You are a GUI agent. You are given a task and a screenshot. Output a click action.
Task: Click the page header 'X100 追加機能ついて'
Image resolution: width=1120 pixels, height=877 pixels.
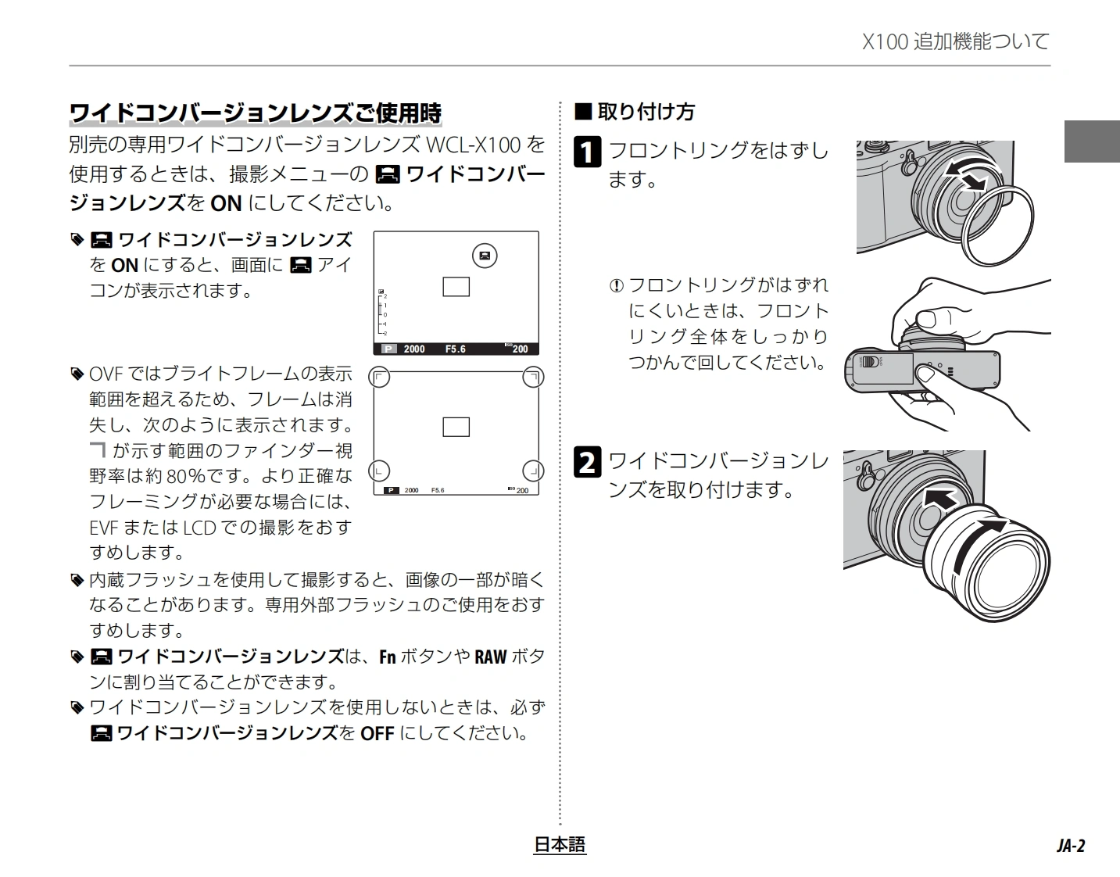click(955, 41)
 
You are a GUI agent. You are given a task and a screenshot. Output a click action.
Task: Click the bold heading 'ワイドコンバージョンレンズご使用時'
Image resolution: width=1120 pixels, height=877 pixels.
click(256, 113)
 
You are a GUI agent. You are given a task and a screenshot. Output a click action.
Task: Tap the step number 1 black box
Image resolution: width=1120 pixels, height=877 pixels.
click(588, 152)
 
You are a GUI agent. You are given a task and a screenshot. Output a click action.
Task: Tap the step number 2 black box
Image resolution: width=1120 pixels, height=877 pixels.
click(588, 462)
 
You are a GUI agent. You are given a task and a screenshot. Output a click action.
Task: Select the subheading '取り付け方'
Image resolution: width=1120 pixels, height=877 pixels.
click(646, 112)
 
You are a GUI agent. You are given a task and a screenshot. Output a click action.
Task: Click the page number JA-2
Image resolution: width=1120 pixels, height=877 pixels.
click(1070, 846)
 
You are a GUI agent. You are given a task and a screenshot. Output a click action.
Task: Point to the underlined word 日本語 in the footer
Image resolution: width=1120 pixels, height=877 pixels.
click(560, 844)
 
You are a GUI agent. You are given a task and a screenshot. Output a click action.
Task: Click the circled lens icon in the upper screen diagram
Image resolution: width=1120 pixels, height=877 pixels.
click(485, 255)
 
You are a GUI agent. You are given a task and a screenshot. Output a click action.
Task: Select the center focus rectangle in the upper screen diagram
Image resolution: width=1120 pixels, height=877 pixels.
click(456, 287)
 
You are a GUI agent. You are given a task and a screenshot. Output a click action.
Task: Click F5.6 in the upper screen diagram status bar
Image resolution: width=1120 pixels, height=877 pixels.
click(455, 349)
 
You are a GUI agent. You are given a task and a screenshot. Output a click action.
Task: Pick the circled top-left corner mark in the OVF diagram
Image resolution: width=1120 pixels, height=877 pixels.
click(379, 378)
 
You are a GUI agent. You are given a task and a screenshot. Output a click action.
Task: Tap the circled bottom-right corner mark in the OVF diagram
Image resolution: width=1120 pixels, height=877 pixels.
click(533, 471)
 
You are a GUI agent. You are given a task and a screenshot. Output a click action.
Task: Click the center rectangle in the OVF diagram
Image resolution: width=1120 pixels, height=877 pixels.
click(456, 427)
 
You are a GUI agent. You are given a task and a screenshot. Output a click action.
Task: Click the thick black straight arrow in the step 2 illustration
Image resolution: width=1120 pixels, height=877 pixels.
click(940, 498)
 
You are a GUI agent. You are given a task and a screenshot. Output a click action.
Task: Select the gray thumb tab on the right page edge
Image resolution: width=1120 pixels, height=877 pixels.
click(1092, 141)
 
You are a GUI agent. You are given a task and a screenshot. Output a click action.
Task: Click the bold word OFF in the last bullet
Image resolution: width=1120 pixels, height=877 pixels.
click(377, 734)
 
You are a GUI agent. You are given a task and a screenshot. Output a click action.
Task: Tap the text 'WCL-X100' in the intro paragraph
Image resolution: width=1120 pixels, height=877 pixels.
click(474, 145)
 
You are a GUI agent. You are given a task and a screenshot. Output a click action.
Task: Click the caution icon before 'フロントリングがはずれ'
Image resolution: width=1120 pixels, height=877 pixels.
click(616, 286)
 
